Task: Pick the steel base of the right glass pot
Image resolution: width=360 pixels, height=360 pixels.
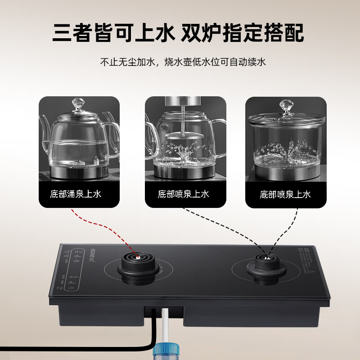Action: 285,171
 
